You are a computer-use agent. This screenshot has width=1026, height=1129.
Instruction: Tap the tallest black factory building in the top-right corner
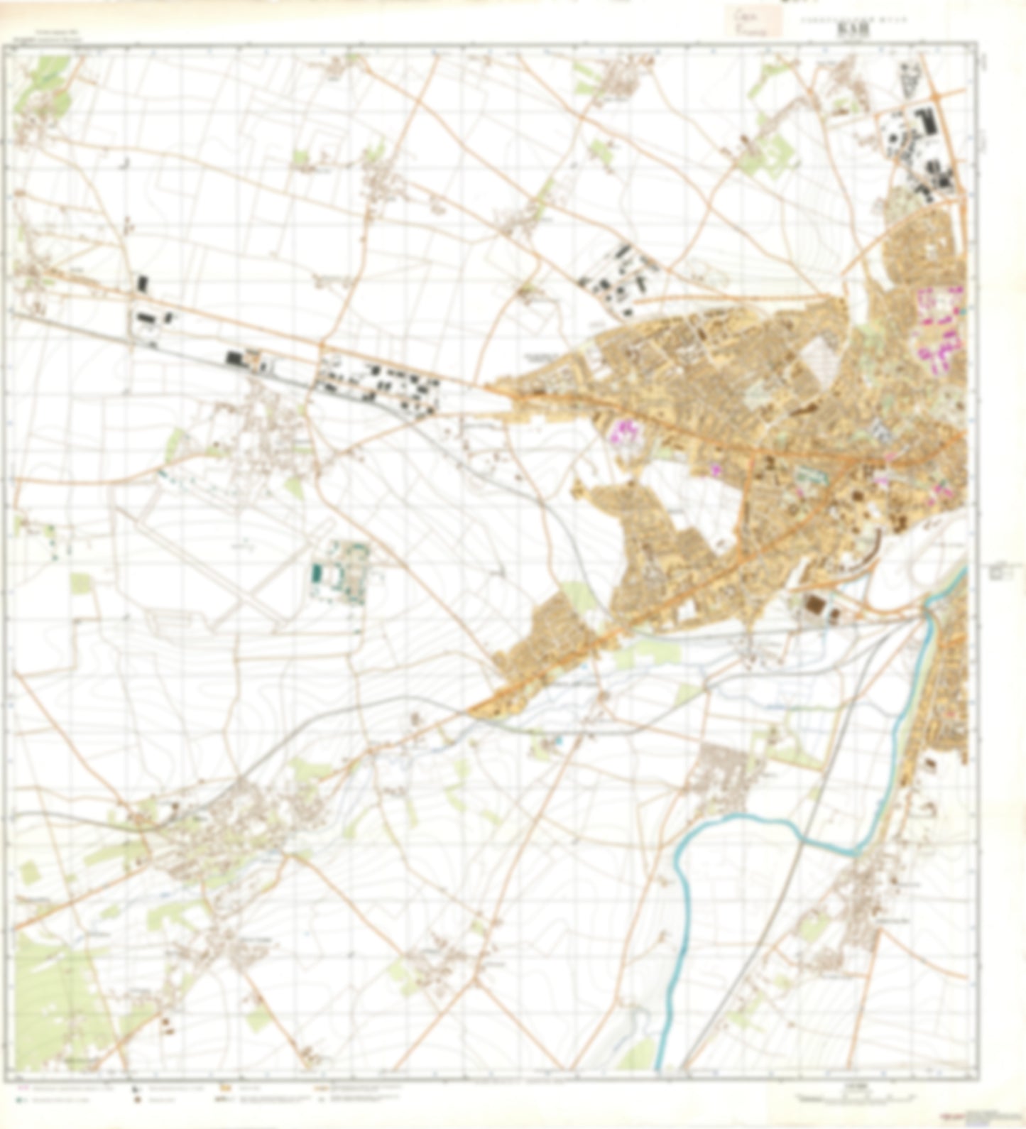[x=929, y=121]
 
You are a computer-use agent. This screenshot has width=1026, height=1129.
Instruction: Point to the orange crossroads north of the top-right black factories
[x=936, y=94]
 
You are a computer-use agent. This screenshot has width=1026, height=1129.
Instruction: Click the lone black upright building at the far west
[x=142, y=284]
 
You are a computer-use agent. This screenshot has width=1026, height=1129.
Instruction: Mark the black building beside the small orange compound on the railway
[x=234, y=359]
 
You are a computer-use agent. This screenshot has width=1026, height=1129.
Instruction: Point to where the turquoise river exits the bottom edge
[x=660, y=1065]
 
